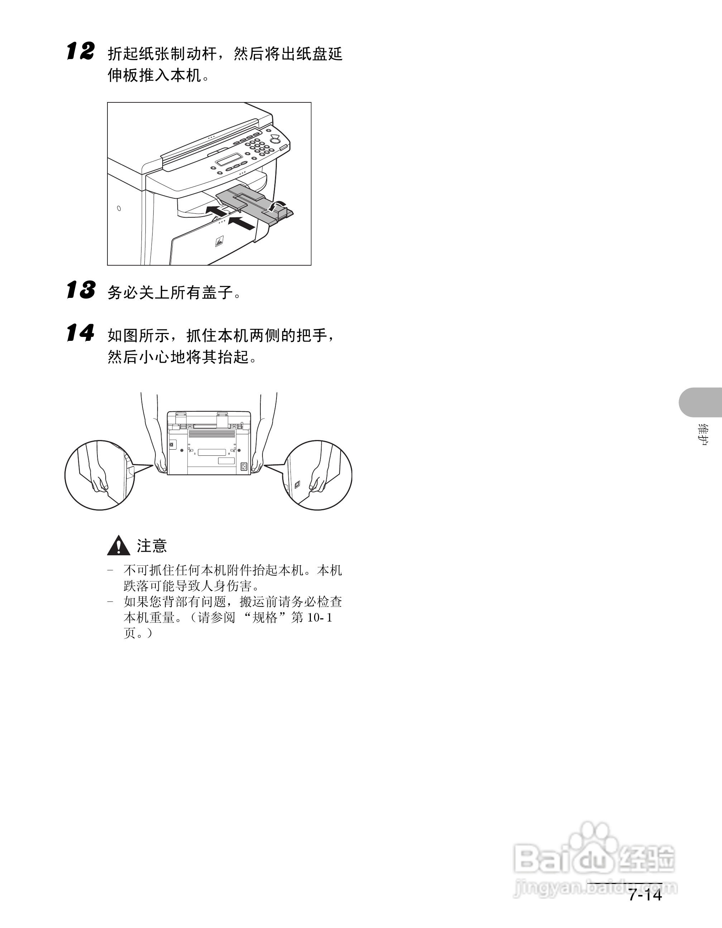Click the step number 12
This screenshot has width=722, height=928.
click(x=80, y=52)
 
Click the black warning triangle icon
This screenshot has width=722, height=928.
click(x=119, y=546)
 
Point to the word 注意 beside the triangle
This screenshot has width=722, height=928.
click(x=152, y=546)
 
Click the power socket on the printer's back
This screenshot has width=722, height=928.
click(x=244, y=466)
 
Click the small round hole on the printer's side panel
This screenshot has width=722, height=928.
click(x=119, y=208)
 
